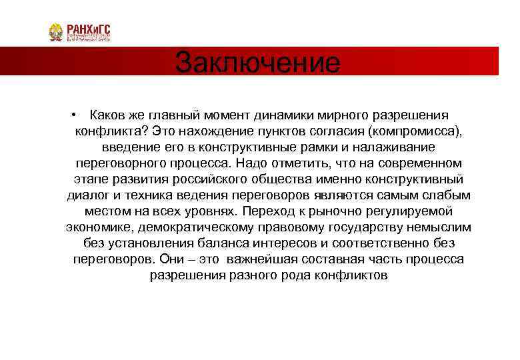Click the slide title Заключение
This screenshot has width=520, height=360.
(257, 63)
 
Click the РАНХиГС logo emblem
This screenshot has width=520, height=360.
(55, 32)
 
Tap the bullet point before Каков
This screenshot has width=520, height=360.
(79, 115)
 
